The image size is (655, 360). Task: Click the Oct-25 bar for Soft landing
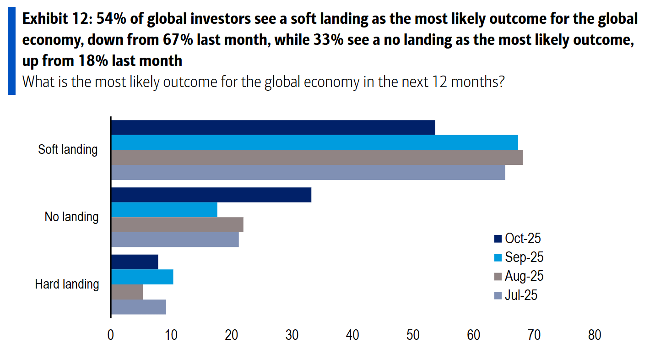click(273, 128)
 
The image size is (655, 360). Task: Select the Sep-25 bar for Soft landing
click(314, 142)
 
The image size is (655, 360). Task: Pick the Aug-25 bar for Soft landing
click(317, 157)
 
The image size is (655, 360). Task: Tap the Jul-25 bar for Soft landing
click(308, 172)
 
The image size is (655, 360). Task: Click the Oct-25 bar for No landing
click(211, 195)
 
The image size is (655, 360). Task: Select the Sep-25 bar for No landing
click(164, 210)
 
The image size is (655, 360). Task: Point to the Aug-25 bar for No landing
click(177, 225)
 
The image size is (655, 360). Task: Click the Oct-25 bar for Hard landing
click(135, 262)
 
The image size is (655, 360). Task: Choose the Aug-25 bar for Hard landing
click(127, 292)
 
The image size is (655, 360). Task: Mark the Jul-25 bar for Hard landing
click(138, 307)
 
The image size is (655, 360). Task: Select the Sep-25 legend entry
click(518, 257)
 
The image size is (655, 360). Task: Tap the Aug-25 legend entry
click(518, 276)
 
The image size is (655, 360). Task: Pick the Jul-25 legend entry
click(515, 295)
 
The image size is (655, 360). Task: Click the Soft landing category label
click(68, 150)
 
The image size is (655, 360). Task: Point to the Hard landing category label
click(67, 284)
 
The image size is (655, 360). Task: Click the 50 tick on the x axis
click(413, 335)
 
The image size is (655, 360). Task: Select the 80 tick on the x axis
click(594, 335)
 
